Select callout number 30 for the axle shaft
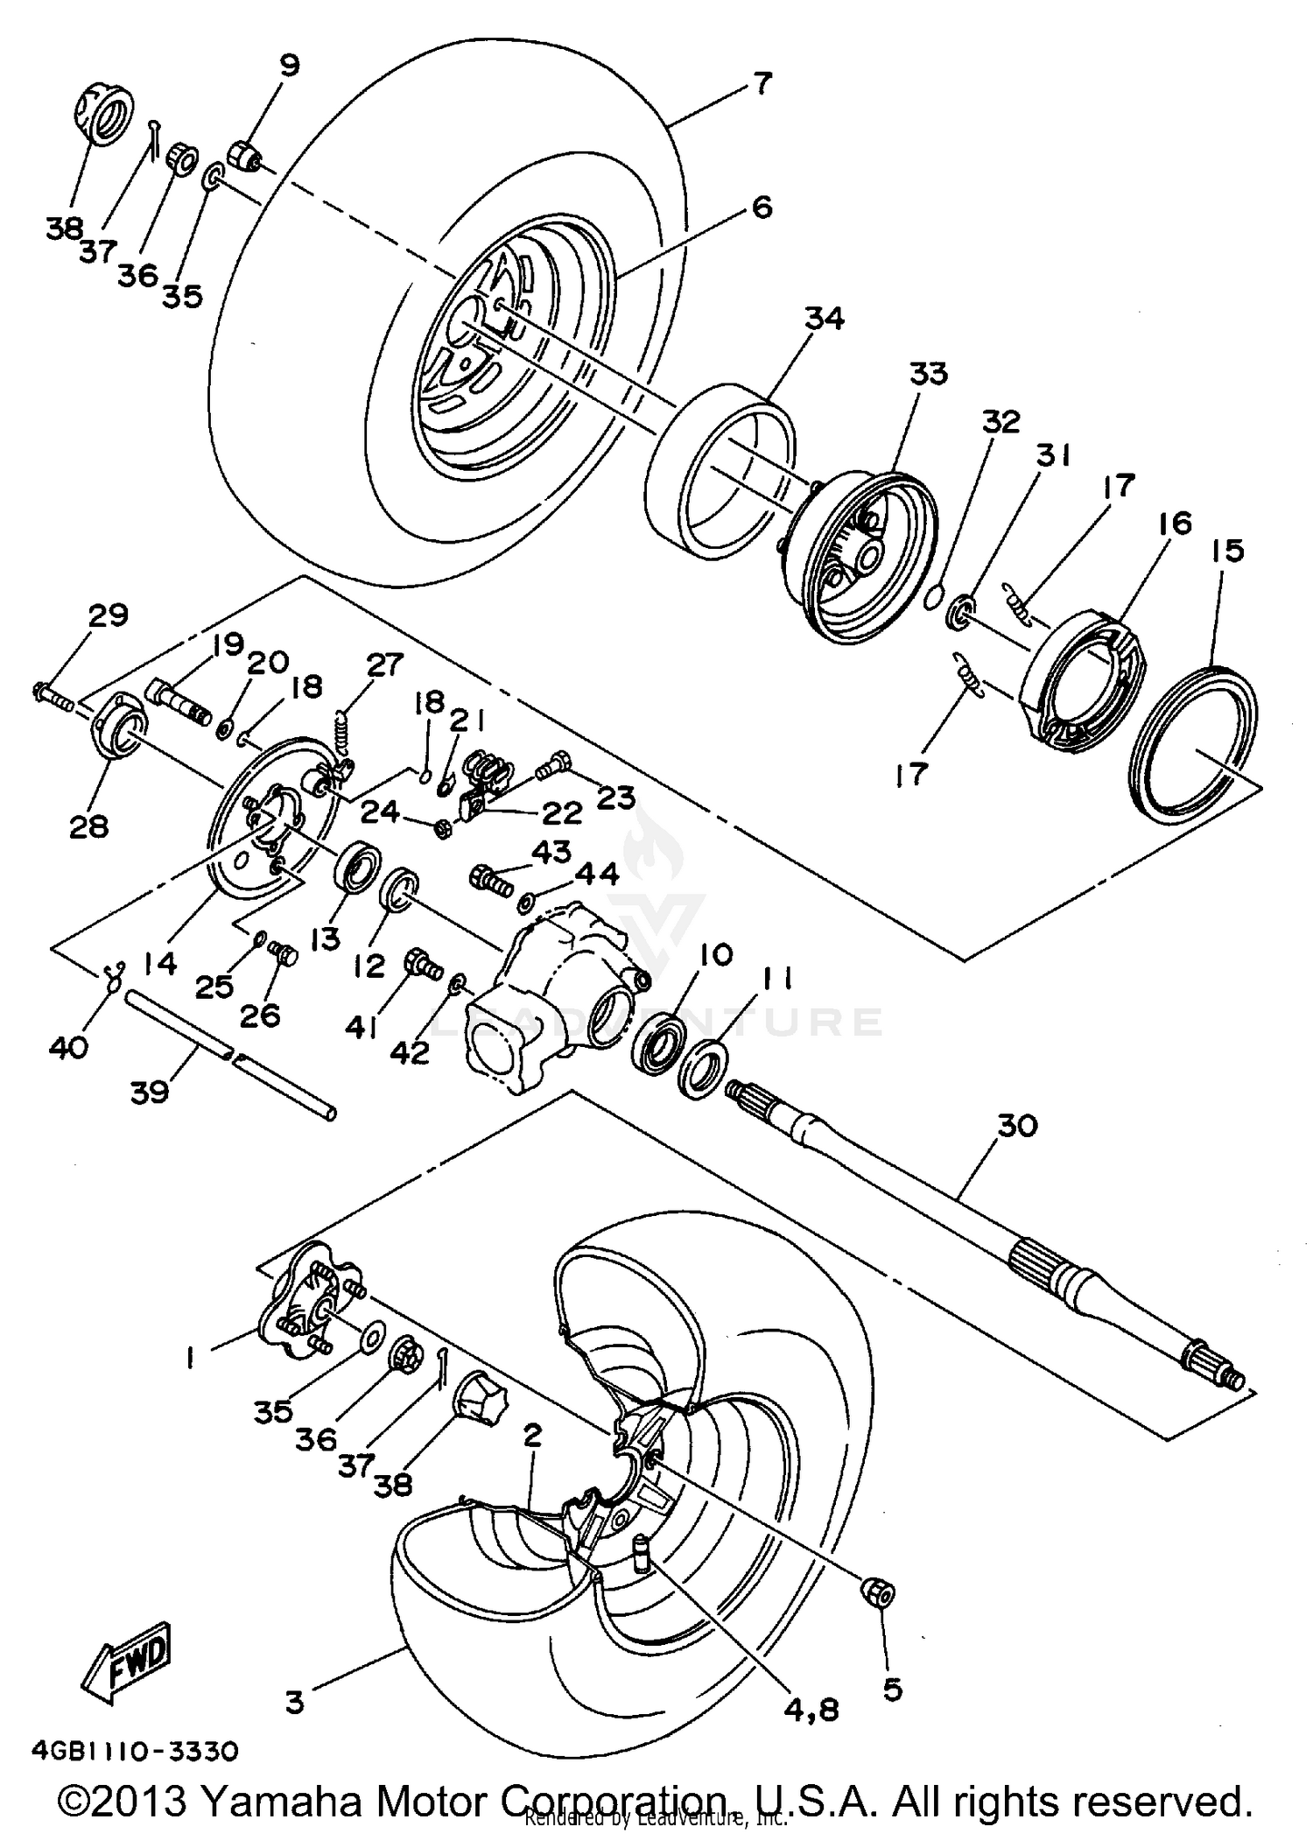pos(1017,1125)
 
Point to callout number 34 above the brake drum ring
pos(824,319)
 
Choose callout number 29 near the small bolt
pos(108,615)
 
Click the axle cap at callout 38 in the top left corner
pos(102,111)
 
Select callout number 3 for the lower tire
pos(294,1702)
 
